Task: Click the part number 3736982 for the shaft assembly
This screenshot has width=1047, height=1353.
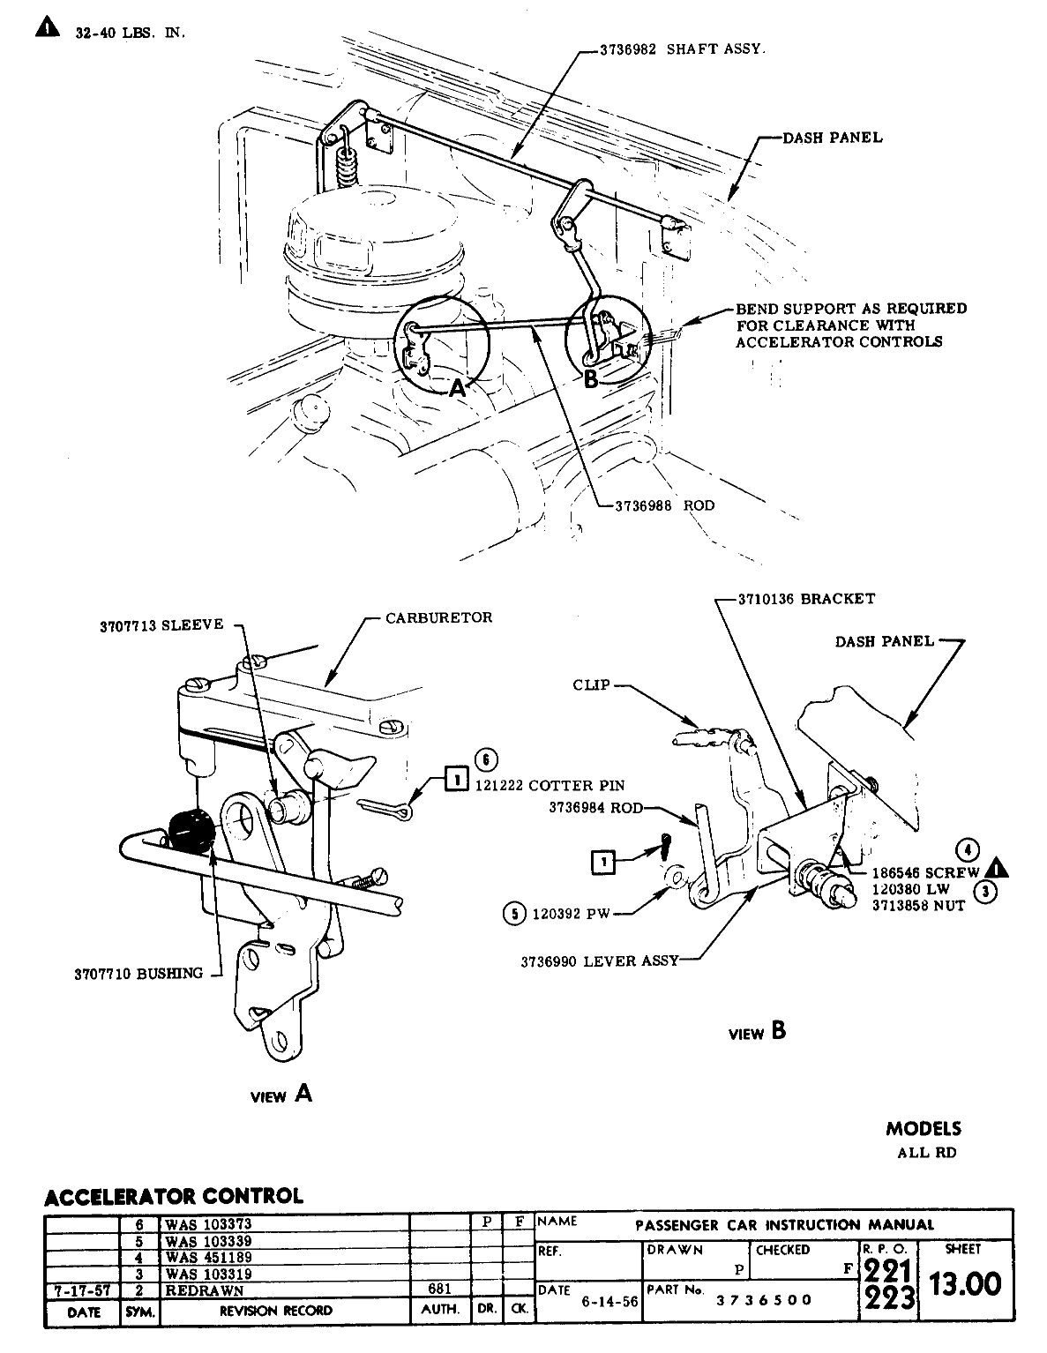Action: click(627, 50)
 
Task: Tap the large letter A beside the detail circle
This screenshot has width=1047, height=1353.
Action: click(457, 388)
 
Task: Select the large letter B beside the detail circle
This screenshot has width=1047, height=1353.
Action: click(590, 379)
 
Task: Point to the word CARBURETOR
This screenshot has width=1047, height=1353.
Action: click(438, 617)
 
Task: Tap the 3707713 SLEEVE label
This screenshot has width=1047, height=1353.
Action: click(161, 626)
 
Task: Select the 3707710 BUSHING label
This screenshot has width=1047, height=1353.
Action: click(138, 974)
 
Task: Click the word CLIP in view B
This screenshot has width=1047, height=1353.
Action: click(591, 684)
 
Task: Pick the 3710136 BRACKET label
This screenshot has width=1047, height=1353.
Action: click(807, 598)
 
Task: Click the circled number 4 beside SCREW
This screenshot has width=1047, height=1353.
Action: click(968, 850)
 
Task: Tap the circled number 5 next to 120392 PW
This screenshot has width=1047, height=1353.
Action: click(512, 914)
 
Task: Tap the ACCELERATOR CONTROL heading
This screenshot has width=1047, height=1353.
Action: click(173, 1196)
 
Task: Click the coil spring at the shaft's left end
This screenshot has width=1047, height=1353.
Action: click(347, 164)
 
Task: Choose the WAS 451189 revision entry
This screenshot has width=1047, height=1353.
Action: click(208, 1258)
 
